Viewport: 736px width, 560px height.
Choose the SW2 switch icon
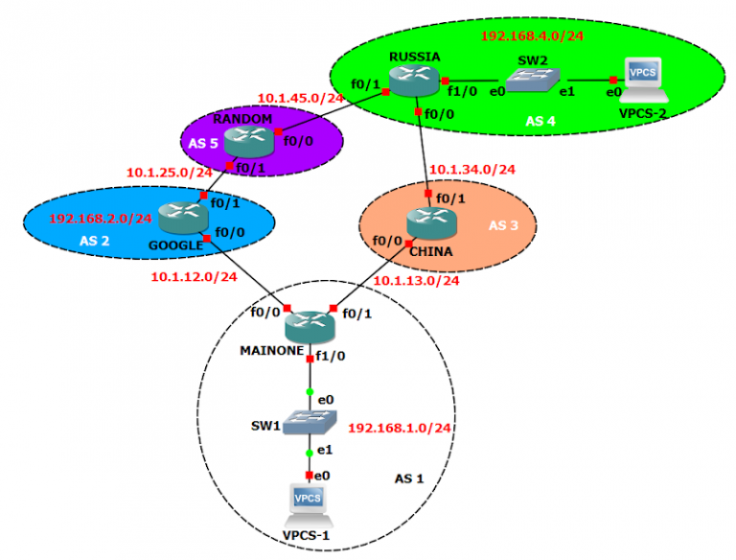point(531,82)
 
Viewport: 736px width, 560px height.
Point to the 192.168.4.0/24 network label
point(532,36)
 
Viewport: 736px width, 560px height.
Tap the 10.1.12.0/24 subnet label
point(193,277)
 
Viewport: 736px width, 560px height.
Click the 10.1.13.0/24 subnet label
point(416,281)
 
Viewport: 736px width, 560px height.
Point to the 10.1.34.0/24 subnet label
point(471,170)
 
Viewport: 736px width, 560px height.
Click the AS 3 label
point(504,225)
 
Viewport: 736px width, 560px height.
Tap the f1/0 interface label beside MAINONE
point(331,356)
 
